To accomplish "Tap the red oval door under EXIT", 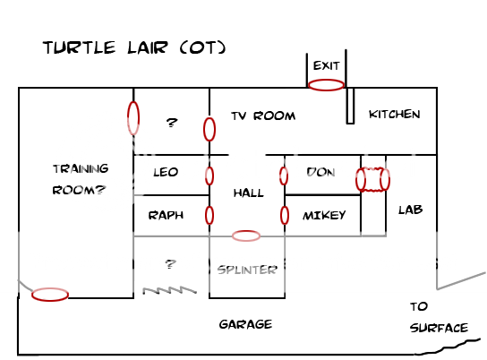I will click(x=326, y=85).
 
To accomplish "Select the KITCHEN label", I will click(x=394, y=115).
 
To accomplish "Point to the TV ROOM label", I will click(x=263, y=116).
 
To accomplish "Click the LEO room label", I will click(x=166, y=172).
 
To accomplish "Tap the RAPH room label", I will click(x=166, y=215).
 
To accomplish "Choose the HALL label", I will click(x=248, y=193).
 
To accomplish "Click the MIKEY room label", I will click(x=323, y=215).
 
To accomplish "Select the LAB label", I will click(x=410, y=210).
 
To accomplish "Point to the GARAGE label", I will click(x=245, y=324).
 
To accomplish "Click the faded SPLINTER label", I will click(x=247, y=269).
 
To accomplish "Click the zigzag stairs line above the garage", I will click(x=168, y=290).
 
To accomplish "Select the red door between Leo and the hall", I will click(x=209, y=176).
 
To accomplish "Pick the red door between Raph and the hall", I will click(x=209, y=216).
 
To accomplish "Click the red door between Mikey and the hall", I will click(x=285, y=216).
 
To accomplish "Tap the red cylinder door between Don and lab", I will click(x=372, y=179).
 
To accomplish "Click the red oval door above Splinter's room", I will click(x=246, y=236).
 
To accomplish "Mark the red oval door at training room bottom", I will click(x=50, y=295).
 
